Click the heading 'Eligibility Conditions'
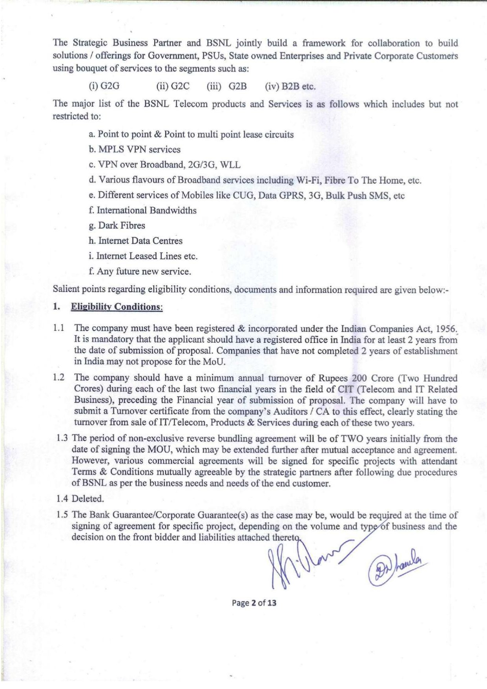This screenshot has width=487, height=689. [117, 307]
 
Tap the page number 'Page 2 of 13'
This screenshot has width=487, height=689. [254, 602]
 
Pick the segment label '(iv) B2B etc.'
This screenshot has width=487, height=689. [290, 86]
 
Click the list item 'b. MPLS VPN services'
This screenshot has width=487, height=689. [135, 150]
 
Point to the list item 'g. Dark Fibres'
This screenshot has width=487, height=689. [117, 226]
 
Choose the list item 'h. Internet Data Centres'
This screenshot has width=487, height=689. [135, 241]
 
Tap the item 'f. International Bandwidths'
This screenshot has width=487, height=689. [142, 210]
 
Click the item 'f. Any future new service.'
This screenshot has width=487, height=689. [140, 271]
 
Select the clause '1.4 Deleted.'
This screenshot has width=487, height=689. [80, 499]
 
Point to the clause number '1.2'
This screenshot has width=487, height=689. [58, 378]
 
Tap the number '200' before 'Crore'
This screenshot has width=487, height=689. [359, 378]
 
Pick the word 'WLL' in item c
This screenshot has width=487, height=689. [230, 165]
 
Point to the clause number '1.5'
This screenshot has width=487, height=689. [63, 515]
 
